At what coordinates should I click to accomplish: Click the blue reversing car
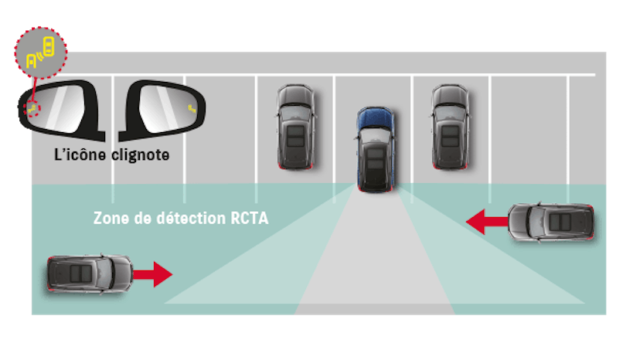376,149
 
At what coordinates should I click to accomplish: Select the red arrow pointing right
152,274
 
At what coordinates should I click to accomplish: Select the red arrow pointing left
487,222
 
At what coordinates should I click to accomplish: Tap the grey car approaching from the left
90,274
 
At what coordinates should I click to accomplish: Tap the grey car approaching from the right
551,222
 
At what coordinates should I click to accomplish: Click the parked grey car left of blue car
296,127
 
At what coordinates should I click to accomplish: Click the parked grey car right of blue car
450,127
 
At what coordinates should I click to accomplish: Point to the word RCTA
250,218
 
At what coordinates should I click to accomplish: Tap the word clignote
141,155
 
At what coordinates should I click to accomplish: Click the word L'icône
80,155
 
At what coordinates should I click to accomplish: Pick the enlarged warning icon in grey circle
40,53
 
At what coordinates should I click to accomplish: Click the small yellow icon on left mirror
32,109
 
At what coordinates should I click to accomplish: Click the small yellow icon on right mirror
192,109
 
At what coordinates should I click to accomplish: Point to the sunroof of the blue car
376,159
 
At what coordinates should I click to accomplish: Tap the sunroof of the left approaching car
80,273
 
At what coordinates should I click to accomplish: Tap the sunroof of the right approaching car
560,222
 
